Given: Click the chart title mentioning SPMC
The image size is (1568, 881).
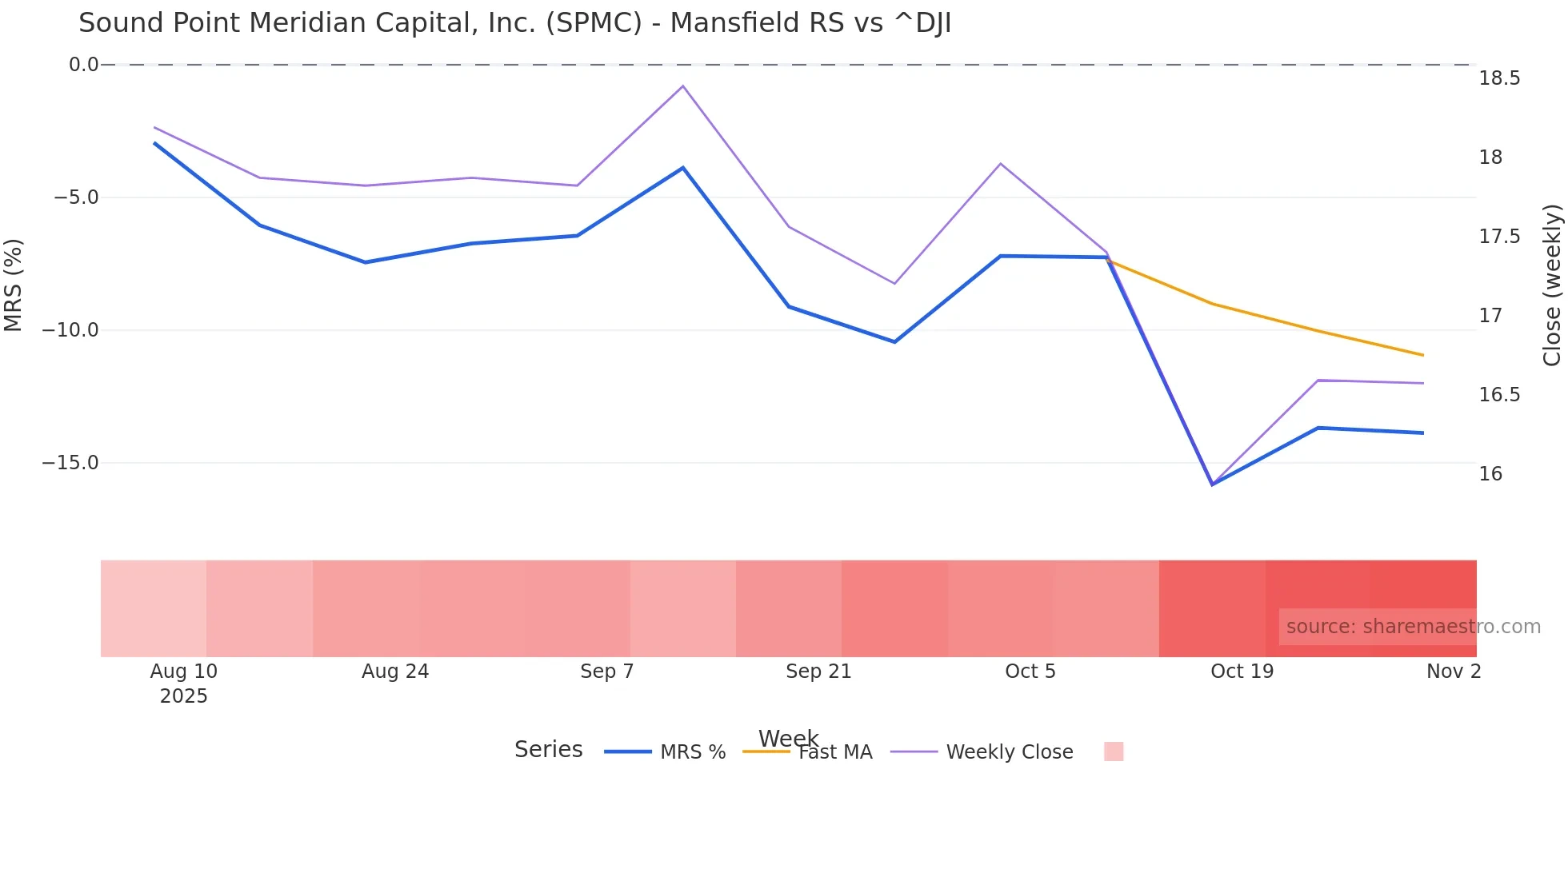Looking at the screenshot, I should click(514, 23).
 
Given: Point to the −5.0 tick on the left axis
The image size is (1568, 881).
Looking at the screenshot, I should click(76, 197).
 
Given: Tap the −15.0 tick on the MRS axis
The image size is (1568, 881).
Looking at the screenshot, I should click(70, 463).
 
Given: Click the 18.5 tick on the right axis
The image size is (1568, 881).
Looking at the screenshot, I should click(1499, 78).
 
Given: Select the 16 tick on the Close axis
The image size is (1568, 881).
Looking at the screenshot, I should click(1490, 474).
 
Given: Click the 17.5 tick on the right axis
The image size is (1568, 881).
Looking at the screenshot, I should click(1499, 237).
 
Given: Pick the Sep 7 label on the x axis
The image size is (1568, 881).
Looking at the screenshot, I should click(606, 672).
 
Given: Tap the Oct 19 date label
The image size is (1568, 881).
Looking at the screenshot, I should click(1242, 672).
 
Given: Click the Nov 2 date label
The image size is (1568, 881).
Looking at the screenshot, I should click(1454, 672).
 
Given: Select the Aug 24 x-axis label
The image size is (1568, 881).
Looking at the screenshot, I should click(395, 672).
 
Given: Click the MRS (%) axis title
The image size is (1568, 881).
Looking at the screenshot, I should click(14, 285).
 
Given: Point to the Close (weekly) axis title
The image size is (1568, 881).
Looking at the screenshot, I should click(1552, 285).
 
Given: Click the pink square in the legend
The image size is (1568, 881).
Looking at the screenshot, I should click(1114, 751).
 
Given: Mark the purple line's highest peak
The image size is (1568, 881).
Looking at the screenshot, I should click(682, 86).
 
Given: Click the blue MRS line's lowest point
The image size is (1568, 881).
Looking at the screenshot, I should click(1212, 484).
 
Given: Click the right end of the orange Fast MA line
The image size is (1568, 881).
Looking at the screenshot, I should click(1423, 355).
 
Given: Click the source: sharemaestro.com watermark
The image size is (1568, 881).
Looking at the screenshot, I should click(1413, 627).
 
